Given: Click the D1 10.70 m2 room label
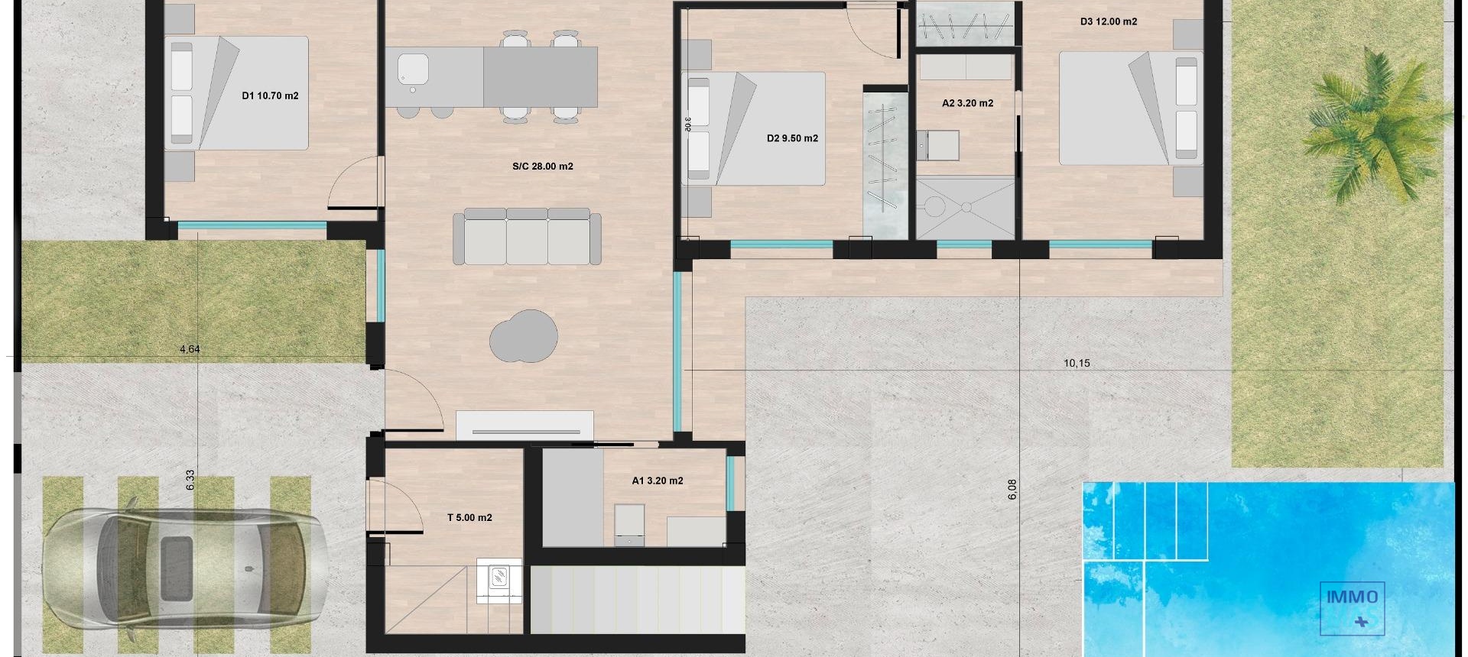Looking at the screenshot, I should pyautogui.click(x=269, y=96).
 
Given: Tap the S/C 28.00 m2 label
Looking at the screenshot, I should pyautogui.click(x=542, y=167).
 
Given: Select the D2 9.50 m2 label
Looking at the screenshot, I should pyautogui.click(x=792, y=138).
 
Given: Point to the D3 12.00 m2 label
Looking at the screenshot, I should pyautogui.click(x=1108, y=21).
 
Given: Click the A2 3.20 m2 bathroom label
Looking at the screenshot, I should pyautogui.click(x=967, y=103).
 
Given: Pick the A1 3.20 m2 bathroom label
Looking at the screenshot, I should pyautogui.click(x=657, y=481).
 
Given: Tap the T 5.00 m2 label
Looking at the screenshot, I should pyautogui.click(x=469, y=518).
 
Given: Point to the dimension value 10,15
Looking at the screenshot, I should pyautogui.click(x=1076, y=364).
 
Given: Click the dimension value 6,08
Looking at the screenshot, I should pyautogui.click(x=1012, y=489).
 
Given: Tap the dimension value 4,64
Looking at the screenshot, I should pyautogui.click(x=190, y=349).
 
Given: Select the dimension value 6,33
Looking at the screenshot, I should pyautogui.click(x=190, y=479).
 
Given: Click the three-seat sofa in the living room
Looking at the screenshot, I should pyautogui.click(x=527, y=237).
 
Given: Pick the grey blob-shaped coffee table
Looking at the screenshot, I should pyautogui.click(x=524, y=336).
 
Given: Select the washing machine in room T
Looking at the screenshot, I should pyautogui.click(x=499, y=581).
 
